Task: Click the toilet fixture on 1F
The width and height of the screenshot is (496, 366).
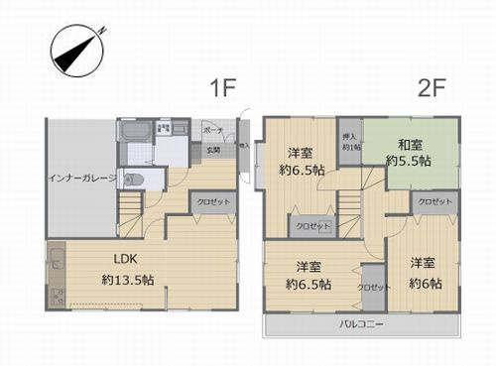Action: click(135, 180)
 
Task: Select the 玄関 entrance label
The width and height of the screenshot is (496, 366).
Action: click(213, 151)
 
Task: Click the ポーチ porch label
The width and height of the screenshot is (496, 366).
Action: click(213, 130)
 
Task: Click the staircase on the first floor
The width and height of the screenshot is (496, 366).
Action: click(132, 210)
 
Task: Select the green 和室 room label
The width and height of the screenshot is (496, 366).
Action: click(411, 142)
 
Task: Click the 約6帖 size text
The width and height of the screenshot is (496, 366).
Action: click(425, 283)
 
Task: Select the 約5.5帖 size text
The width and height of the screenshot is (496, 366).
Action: click(411, 160)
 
